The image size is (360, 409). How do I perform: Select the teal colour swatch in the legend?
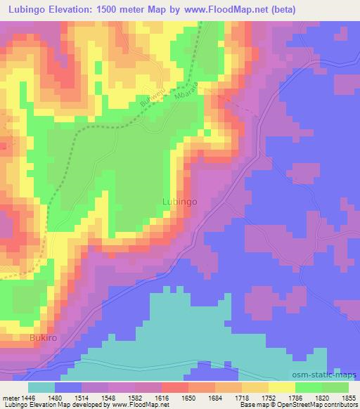[x=41, y=387]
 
